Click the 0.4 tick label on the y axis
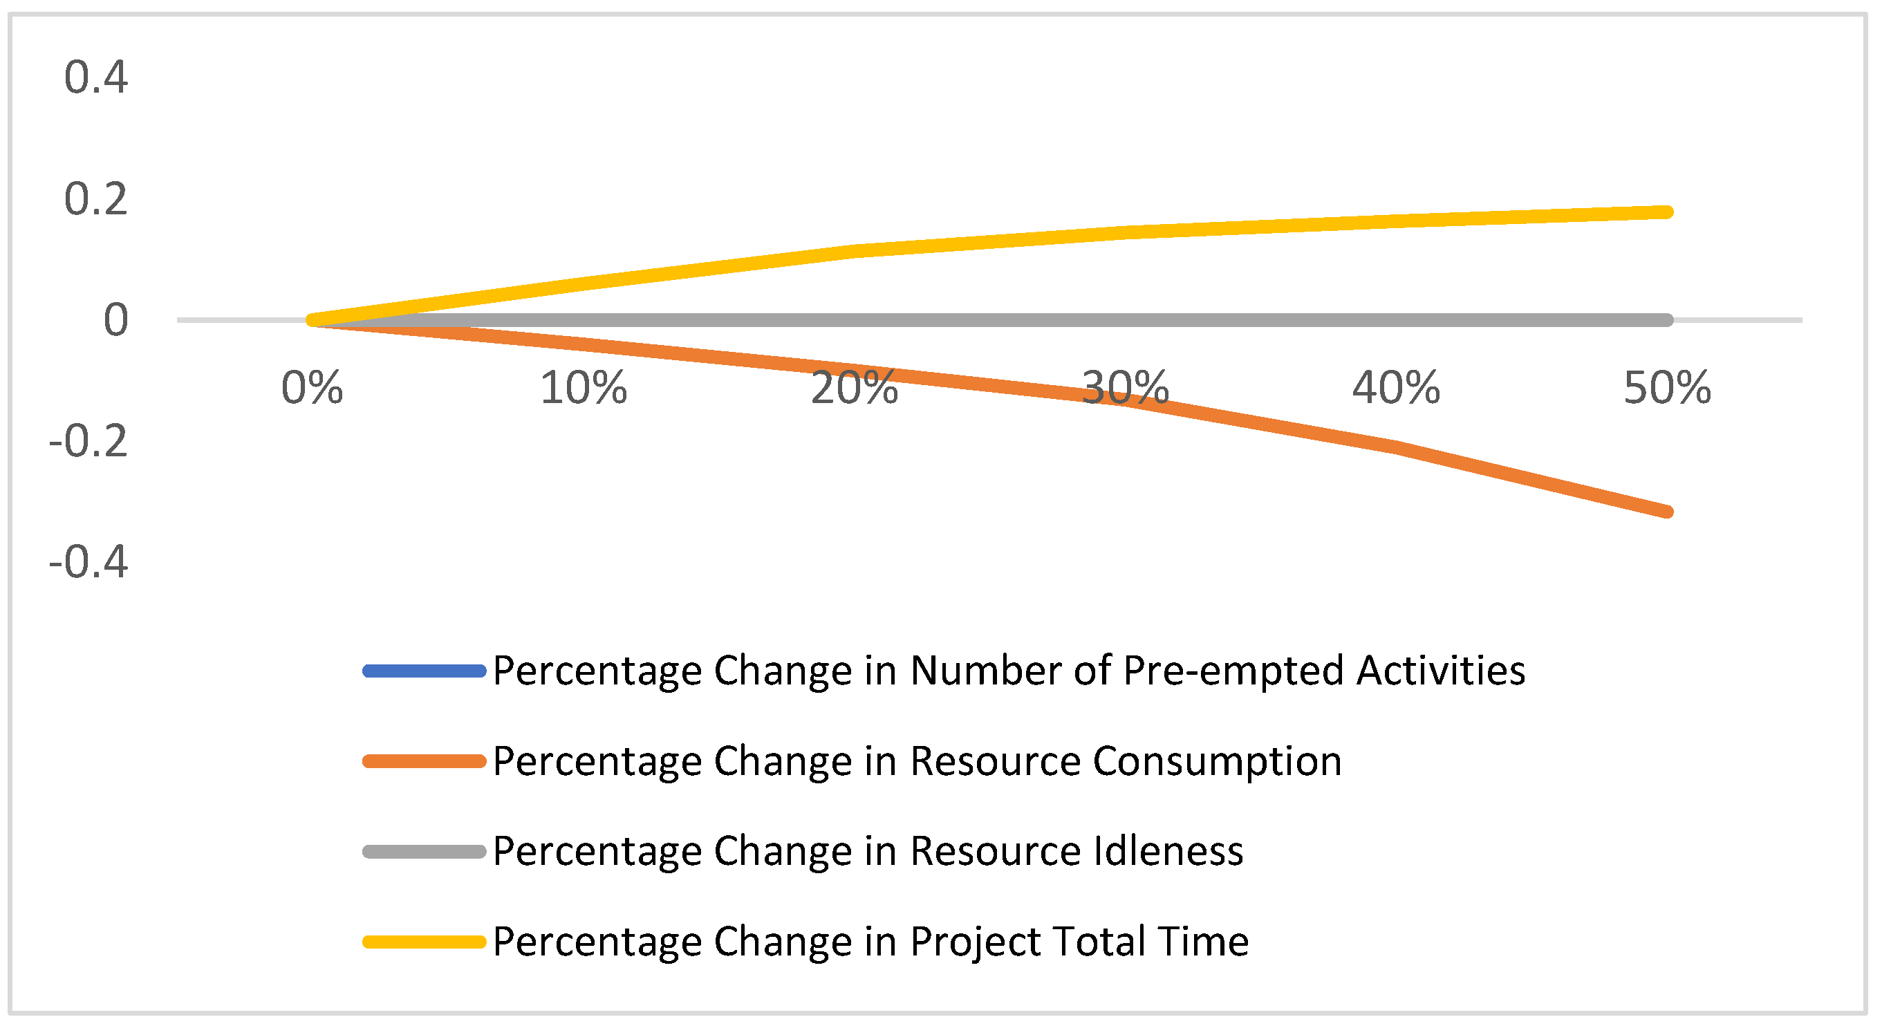coord(95,77)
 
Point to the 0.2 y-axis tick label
coord(95,198)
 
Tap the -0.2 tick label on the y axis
coord(88,441)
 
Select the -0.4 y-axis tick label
coord(88,562)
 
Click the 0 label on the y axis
coord(115,320)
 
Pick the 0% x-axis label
coord(312,388)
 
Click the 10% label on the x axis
coord(583,388)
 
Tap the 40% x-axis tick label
coord(1395,388)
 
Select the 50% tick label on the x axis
coord(1666,388)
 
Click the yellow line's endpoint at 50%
coord(1666,212)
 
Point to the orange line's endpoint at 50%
coord(1666,512)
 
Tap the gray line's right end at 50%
coord(1666,320)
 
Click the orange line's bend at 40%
coord(1395,446)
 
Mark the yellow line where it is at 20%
coord(854,252)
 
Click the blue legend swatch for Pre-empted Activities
coord(424,671)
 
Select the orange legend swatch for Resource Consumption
coord(424,761)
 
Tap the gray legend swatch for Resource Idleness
coord(424,851)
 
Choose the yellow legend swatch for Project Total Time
coord(424,942)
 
